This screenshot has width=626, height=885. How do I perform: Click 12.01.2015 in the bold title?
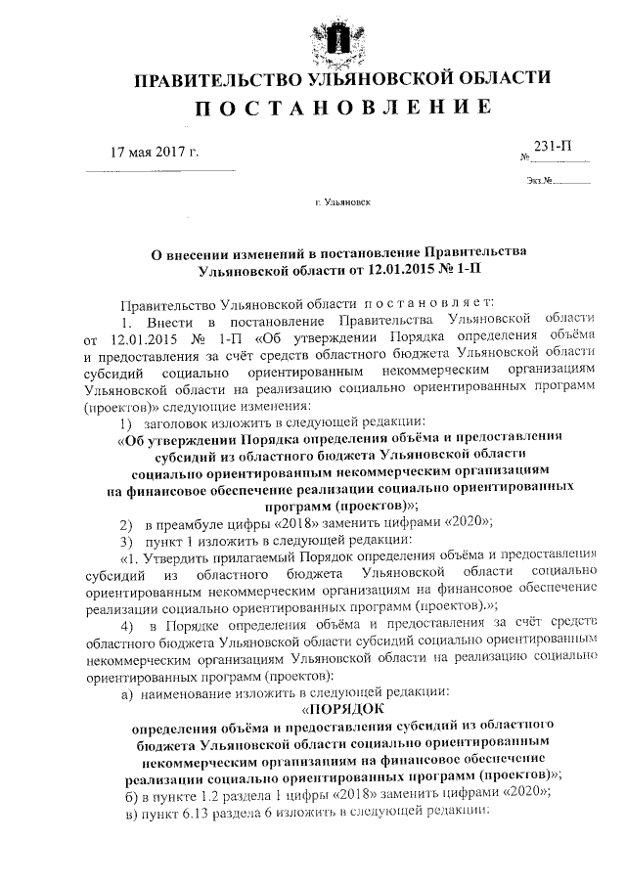(x=398, y=266)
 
